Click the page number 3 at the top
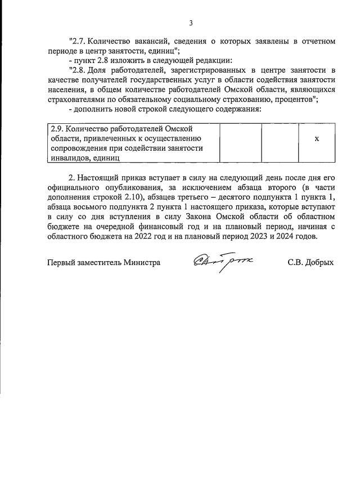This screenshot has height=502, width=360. (191, 23)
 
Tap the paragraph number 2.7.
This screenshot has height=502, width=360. (78, 41)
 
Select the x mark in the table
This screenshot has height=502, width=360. (317, 138)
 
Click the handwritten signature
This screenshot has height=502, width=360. (223, 261)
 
